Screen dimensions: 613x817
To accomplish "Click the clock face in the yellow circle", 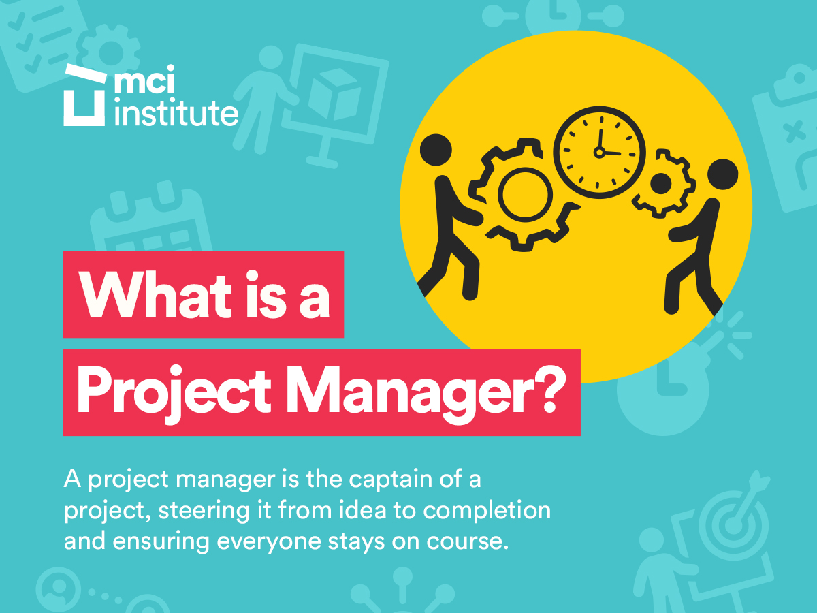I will (x=599, y=152).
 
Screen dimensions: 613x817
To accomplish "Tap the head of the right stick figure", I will (x=722, y=174).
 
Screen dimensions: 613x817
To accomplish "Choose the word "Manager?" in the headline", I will (x=426, y=392).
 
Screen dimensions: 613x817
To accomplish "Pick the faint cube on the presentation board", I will (x=334, y=95).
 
